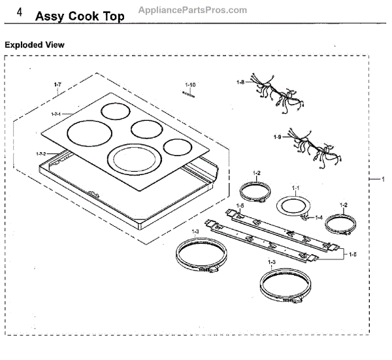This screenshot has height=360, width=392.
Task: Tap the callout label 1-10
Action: [x=190, y=85]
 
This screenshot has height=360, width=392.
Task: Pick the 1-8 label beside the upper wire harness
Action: [x=241, y=83]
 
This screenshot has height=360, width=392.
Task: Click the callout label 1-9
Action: [x=278, y=137]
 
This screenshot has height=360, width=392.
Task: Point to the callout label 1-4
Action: [x=319, y=217]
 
